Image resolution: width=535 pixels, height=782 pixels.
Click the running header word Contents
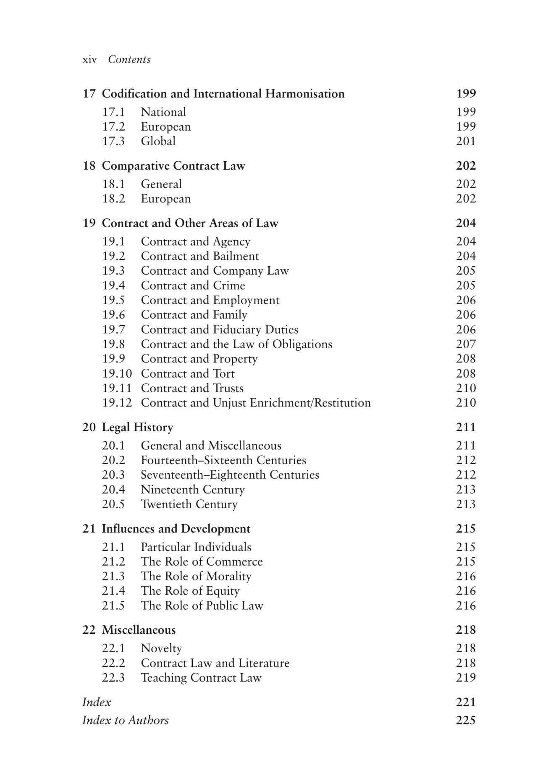click(x=129, y=60)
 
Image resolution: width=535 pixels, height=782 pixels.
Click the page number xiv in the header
click(x=89, y=60)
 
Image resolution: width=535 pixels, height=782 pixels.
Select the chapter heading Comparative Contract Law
click(x=173, y=166)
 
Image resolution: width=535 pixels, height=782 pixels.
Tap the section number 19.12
click(x=117, y=403)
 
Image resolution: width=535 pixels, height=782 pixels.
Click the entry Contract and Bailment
click(x=200, y=256)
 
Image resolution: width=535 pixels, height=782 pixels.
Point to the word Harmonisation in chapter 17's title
click(x=304, y=94)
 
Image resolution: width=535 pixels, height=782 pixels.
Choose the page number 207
click(x=466, y=344)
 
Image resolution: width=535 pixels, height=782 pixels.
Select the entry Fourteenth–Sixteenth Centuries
click(x=223, y=460)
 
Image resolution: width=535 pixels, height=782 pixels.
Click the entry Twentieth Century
click(x=189, y=504)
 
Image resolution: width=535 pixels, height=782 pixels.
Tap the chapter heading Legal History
click(x=137, y=428)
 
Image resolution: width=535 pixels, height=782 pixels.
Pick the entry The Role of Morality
click(x=196, y=576)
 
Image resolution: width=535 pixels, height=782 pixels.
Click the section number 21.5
click(x=113, y=606)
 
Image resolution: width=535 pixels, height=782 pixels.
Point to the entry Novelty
click(x=161, y=648)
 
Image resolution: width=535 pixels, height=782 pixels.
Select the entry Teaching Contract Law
click(x=201, y=678)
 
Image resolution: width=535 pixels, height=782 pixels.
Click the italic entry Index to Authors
click(x=126, y=720)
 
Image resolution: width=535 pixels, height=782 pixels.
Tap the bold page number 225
click(x=466, y=720)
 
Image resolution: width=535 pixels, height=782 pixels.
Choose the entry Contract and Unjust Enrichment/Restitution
click(x=256, y=403)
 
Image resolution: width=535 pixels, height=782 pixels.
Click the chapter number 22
click(x=89, y=630)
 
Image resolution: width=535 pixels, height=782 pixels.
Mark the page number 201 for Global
click(x=466, y=141)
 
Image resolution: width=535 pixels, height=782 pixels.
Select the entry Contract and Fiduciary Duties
click(x=220, y=330)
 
